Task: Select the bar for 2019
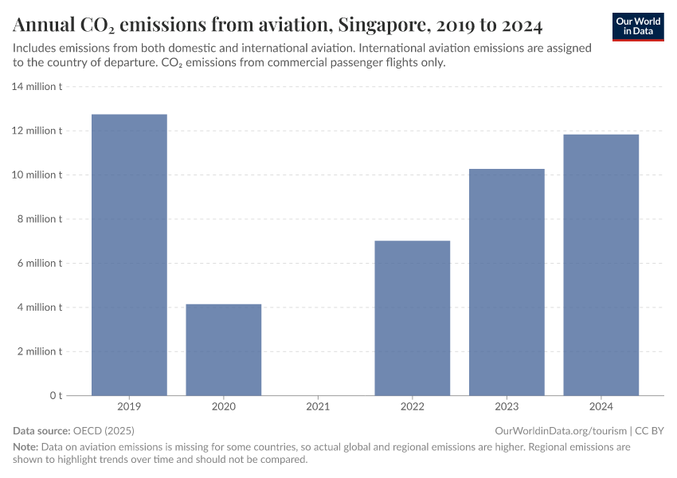129,255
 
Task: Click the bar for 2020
223,350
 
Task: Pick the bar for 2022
412,318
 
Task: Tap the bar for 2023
507,282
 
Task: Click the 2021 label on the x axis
318,407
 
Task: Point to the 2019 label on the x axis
129,407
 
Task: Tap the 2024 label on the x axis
601,407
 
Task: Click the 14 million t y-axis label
37,86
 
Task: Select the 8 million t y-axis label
40,219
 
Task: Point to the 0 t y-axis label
56,396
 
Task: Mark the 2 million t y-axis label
40,351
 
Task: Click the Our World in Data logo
638,26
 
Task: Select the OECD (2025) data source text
104,430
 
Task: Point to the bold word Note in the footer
25,447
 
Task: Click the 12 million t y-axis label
37,131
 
